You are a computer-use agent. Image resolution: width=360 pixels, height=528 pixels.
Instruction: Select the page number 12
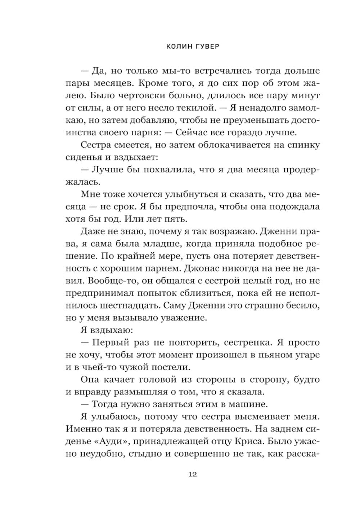(x=193, y=474)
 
